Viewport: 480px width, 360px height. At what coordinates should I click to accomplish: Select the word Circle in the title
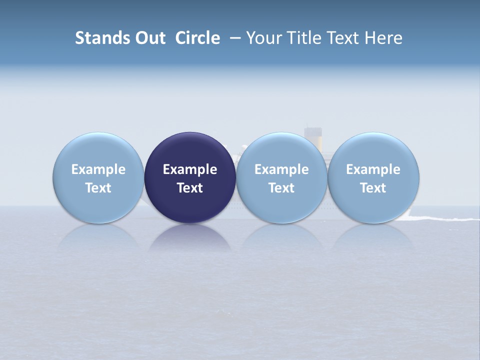(x=197, y=38)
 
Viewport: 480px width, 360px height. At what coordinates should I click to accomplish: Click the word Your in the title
(x=263, y=38)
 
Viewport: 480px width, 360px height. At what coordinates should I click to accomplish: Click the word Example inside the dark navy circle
(x=190, y=169)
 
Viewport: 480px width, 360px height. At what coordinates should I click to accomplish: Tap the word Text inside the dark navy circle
(x=190, y=188)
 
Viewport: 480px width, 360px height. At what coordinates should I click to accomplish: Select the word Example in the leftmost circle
(x=98, y=169)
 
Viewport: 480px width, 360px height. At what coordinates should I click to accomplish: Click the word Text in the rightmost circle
(x=373, y=188)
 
